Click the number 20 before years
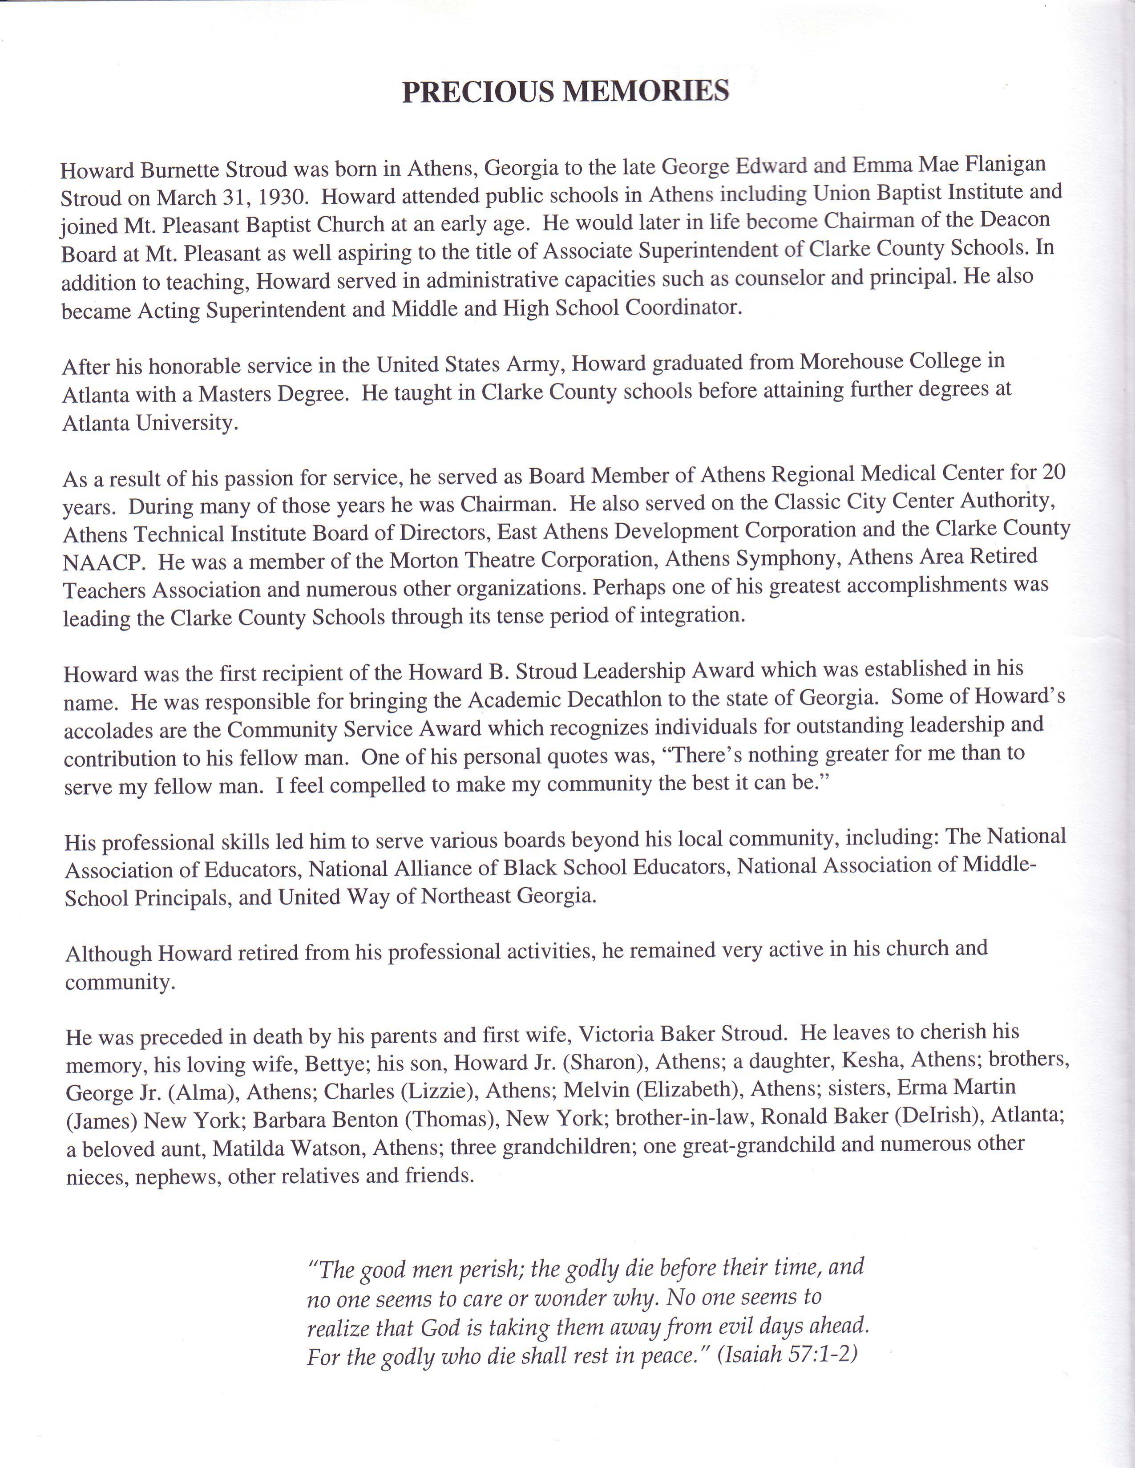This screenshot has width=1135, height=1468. tap(1054, 473)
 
